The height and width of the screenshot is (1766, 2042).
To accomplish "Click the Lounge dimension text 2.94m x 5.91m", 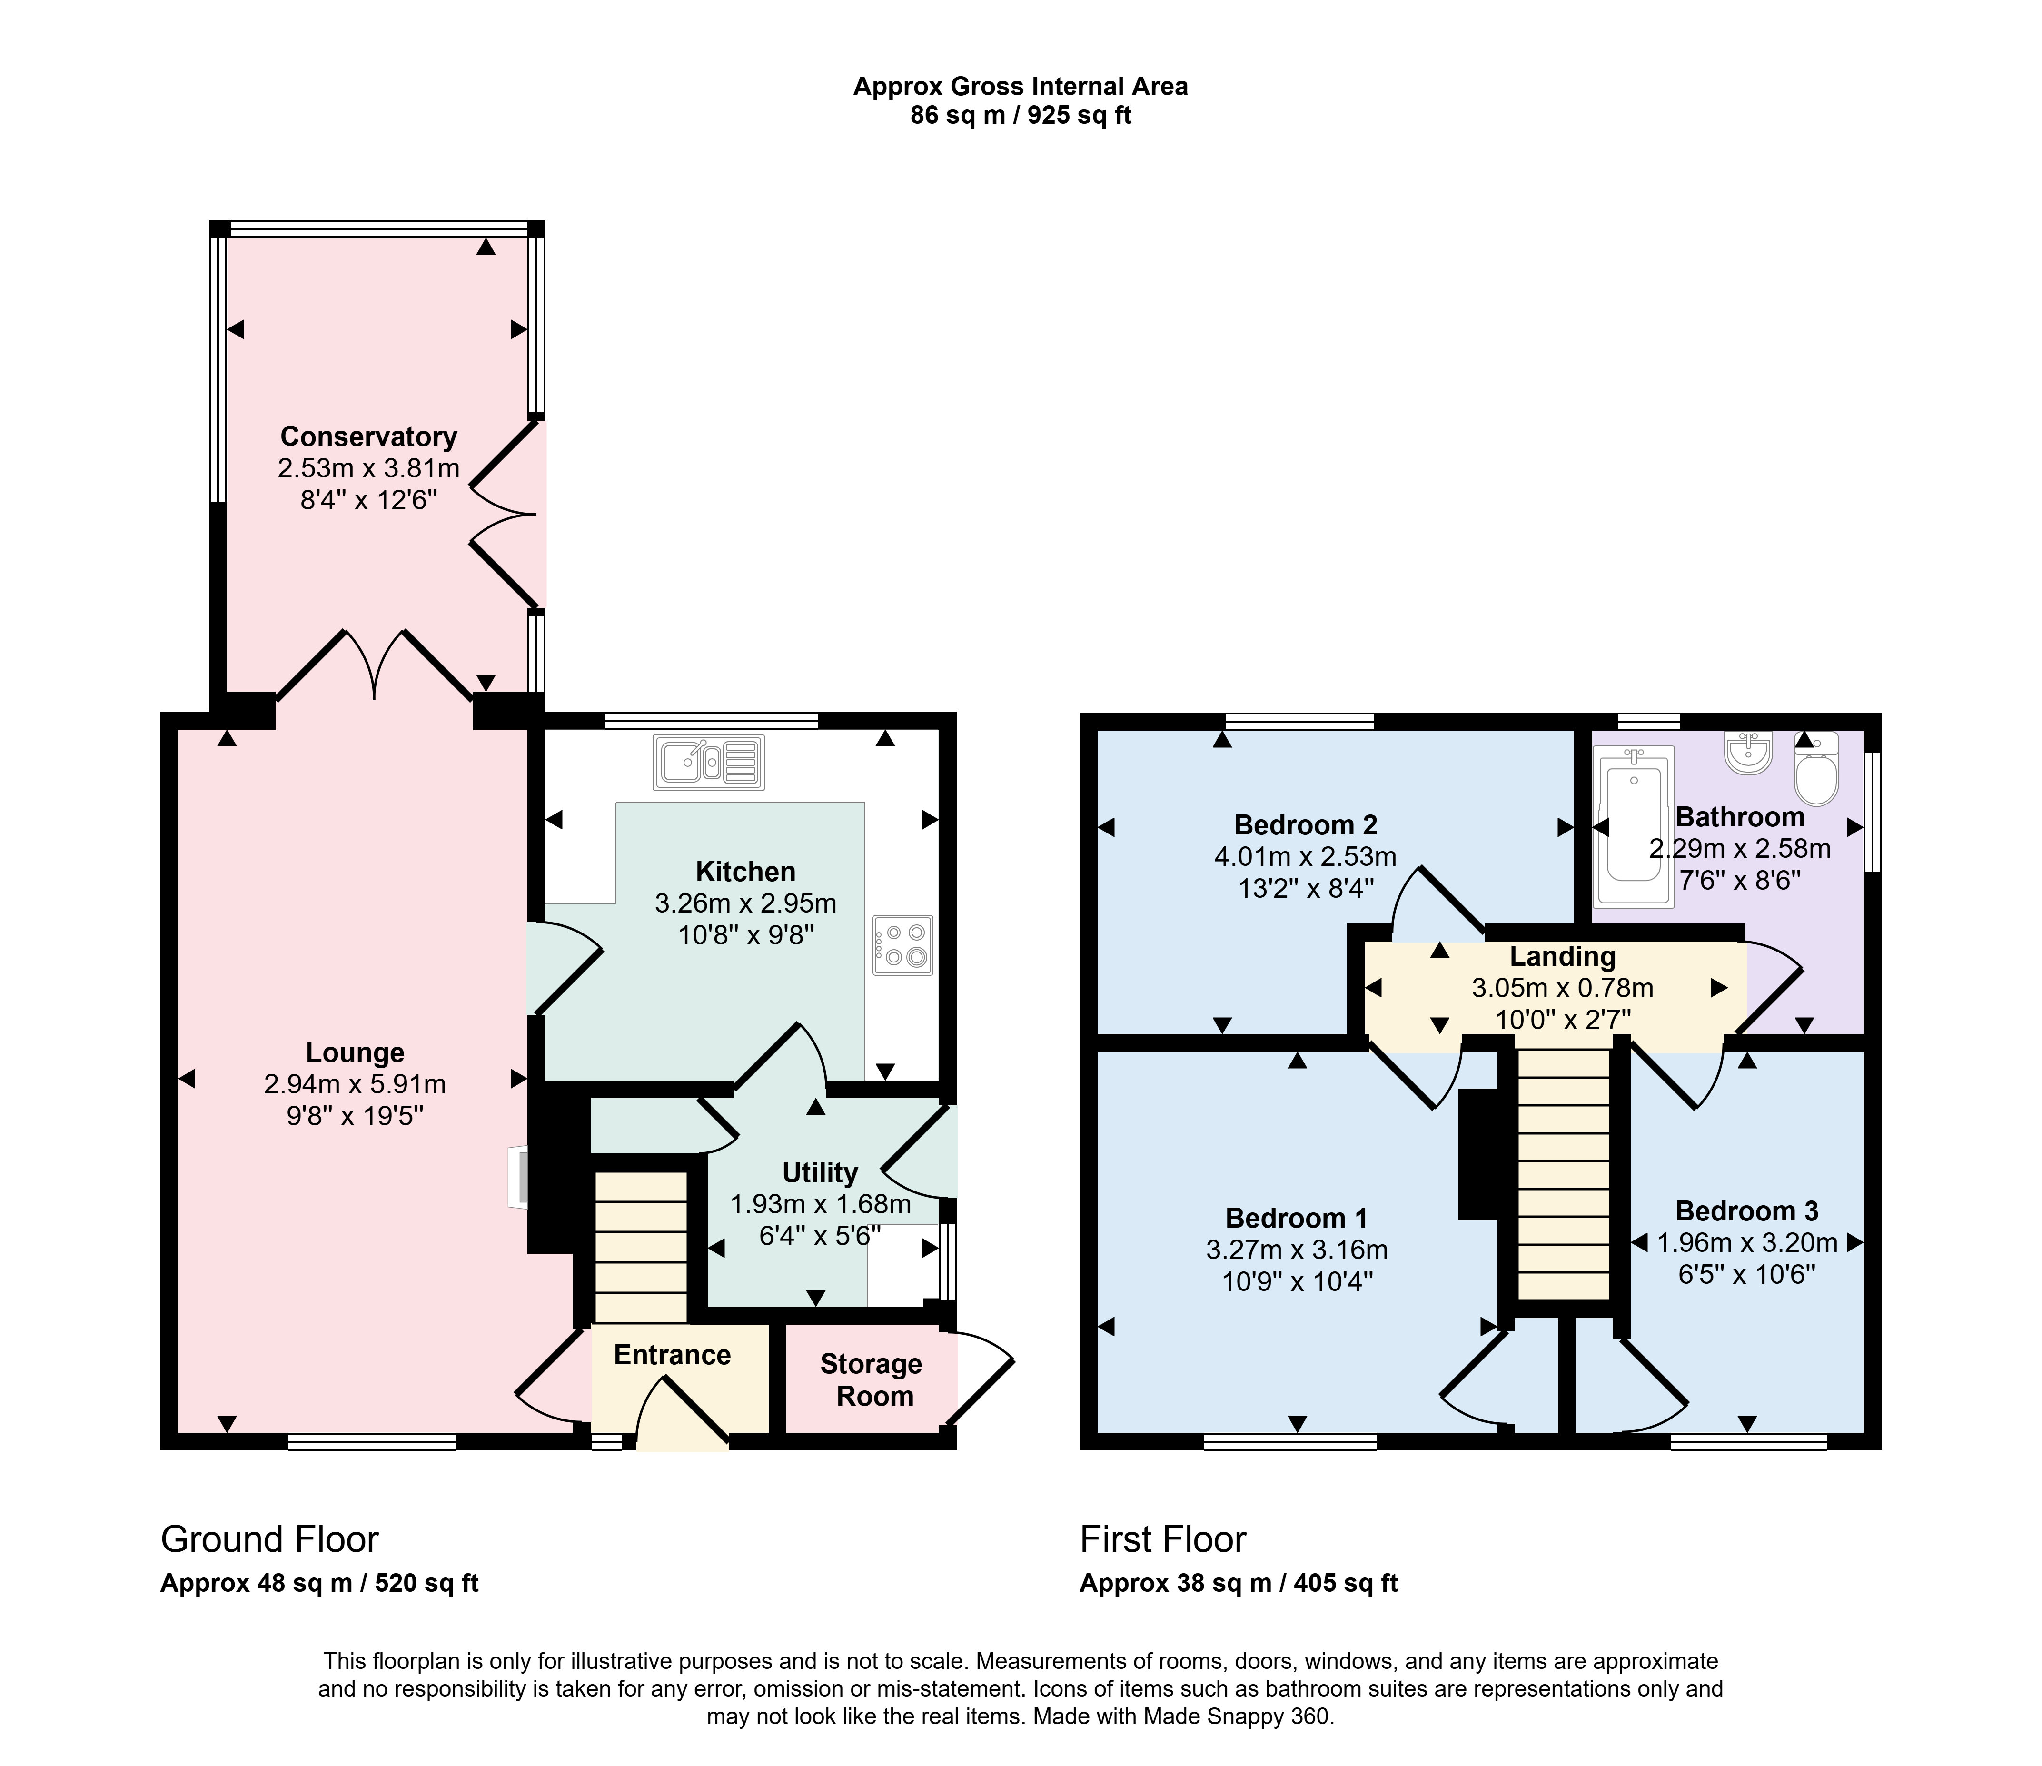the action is pos(355,1084).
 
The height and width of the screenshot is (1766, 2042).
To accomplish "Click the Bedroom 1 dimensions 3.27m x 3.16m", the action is pos(1297,1250).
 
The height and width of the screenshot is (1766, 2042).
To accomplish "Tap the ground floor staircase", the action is pos(641,1247).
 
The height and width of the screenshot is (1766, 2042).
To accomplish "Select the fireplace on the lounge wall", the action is pos(518,1176).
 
